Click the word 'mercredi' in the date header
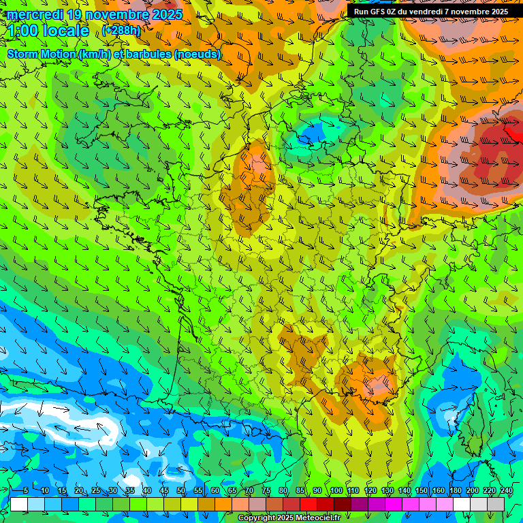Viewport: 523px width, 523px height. click(x=33, y=14)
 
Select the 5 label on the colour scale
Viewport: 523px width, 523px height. click(x=25, y=491)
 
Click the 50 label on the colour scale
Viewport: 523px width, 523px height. click(x=180, y=491)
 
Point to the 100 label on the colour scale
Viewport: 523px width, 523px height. click(x=336, y=491)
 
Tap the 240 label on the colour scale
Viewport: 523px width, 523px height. click(x=506, y=491)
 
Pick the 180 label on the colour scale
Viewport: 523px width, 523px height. click(x=455, y=491)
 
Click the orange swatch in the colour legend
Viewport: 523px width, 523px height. click(x=223, y=504)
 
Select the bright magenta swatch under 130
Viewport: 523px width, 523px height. click(x=394, y=504)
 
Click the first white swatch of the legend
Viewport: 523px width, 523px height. click(x=19, y=504)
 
